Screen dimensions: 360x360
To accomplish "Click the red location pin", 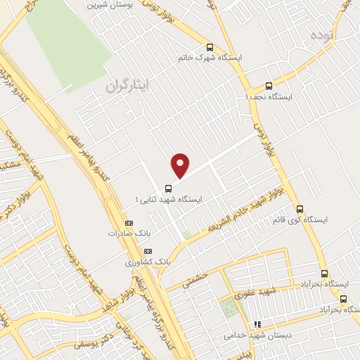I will [x=181, y=165].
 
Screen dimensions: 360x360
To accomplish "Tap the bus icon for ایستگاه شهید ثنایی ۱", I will [x=167, y=188].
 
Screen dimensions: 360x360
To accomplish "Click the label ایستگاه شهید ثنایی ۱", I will [x=168, y=200].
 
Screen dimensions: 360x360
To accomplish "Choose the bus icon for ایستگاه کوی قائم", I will [x=300, y=209].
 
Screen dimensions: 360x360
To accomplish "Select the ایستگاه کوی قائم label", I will [x=300, y=220].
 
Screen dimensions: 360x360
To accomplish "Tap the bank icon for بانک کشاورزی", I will [x=148, y=251].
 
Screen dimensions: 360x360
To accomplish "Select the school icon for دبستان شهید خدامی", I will [x=257, y=324].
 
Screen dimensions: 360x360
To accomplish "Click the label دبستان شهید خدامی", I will [x=257, y=335].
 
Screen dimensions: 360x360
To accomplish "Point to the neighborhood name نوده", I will [x=317, y=34].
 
